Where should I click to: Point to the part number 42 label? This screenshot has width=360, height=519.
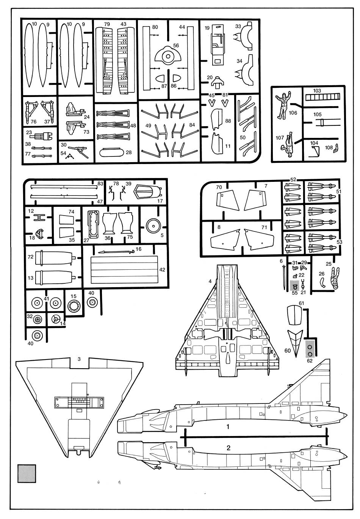(x=162, y=270)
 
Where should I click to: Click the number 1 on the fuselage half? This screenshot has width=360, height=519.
(x=228, y=427)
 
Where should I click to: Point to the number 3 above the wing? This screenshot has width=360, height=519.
(x=79, y=358)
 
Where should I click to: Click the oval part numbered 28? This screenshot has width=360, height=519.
(x=111, y=152)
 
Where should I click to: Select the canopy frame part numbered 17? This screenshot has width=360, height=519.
(x=146, y=192)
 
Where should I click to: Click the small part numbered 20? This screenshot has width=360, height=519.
(x=217, y=81)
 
